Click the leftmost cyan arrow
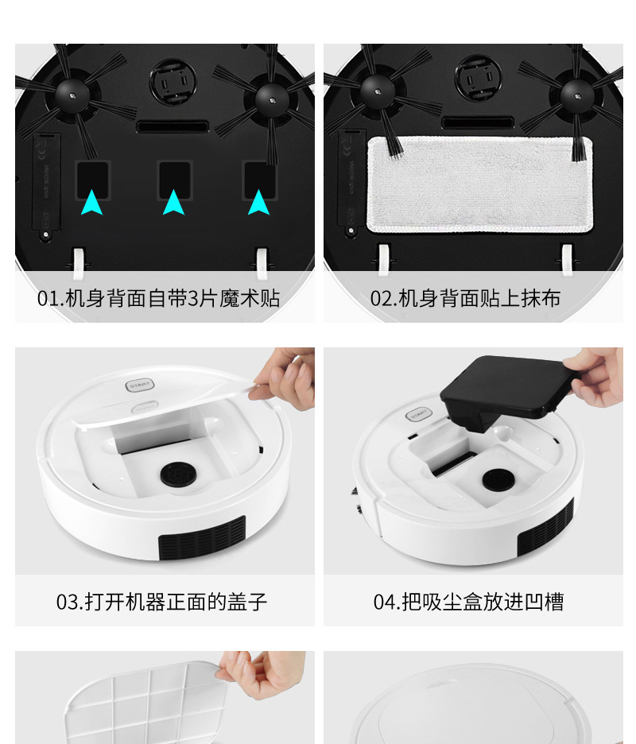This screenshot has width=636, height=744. click(91, 203)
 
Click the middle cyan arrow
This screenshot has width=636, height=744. click(173, 203)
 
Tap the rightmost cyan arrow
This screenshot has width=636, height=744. click(258, 203)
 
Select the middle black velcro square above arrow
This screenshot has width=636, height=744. click(174, 177)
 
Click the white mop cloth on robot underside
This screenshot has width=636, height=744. click(479, 184)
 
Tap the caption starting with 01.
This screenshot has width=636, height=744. click(158, 299)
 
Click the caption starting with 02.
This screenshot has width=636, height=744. click(465, 299)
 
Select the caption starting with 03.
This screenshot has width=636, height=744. click(161, 602)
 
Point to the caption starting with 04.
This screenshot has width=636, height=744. click(468, 602)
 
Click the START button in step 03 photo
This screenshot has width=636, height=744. click(139, 386)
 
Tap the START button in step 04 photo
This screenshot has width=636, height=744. click(417, 413)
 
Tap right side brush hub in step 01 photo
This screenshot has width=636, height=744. click(271, 97)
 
